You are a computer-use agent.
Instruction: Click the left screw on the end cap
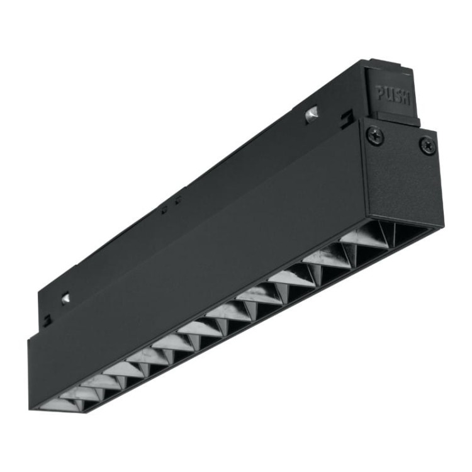coord(375,134)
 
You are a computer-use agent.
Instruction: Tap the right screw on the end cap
coord(428,145)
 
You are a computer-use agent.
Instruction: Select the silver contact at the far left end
coord(66,298)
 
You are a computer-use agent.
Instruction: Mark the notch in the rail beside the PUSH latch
coord(346,117)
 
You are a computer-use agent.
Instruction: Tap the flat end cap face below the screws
coord(403,183)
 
